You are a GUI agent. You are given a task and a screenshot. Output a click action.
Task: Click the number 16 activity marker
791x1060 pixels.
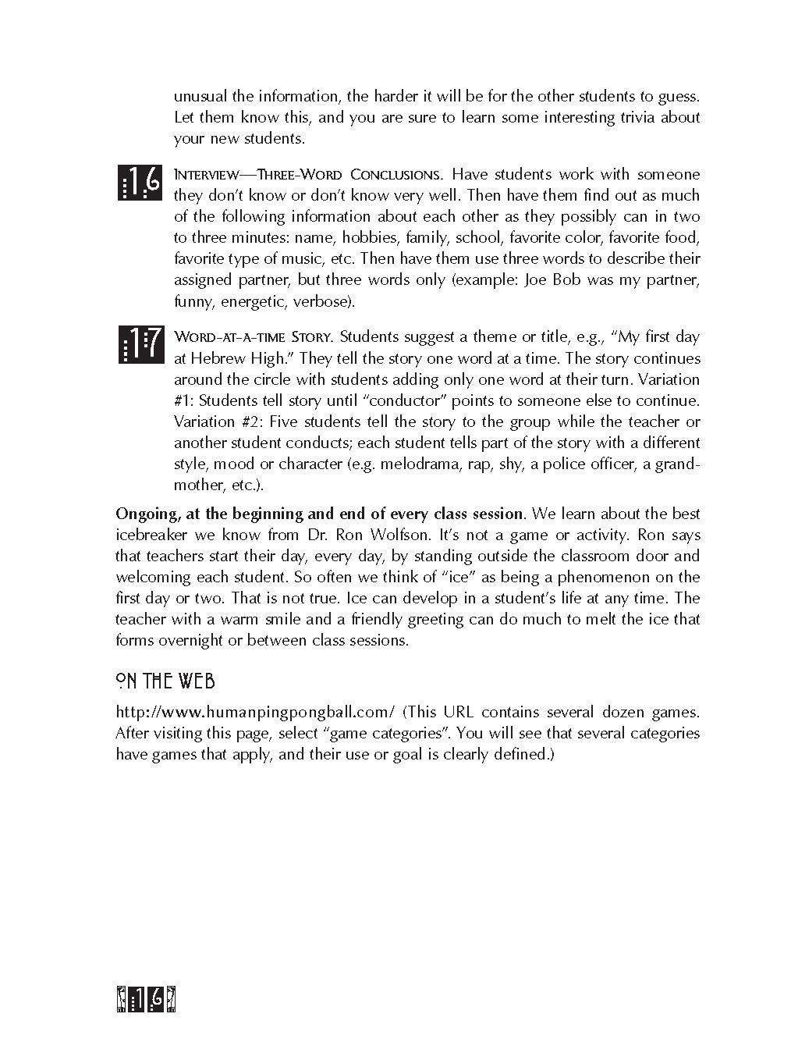coord(140,183)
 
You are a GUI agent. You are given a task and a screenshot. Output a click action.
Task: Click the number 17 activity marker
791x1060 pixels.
coord(141,344)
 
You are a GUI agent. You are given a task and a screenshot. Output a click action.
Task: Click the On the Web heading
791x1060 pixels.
coord(165,681)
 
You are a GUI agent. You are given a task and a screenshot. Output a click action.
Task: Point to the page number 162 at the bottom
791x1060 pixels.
coord(147,1000)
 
